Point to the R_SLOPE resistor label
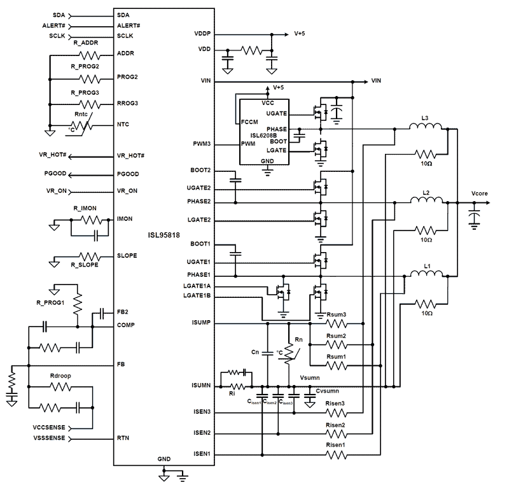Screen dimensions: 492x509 pos(85,264)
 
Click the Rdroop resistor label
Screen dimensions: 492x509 pos(60,376)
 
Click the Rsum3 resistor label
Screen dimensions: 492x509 pos(335,314)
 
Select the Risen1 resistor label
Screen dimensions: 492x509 pos(336,445)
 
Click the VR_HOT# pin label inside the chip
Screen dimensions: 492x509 pos(132,156)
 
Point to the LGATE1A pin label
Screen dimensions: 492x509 pos(197,286)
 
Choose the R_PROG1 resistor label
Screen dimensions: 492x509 pos(51,302)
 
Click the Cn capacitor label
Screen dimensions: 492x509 pos(256,351)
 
